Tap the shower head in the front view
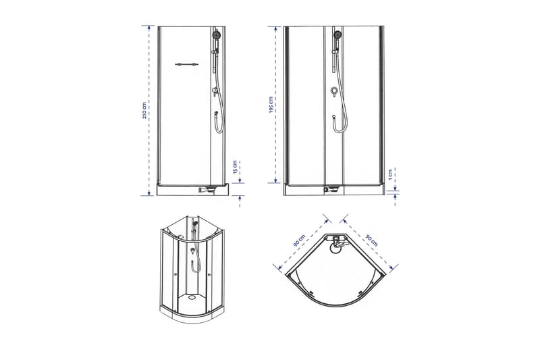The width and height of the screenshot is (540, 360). point(335,33)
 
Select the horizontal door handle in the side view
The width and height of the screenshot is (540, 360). point(186,65)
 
